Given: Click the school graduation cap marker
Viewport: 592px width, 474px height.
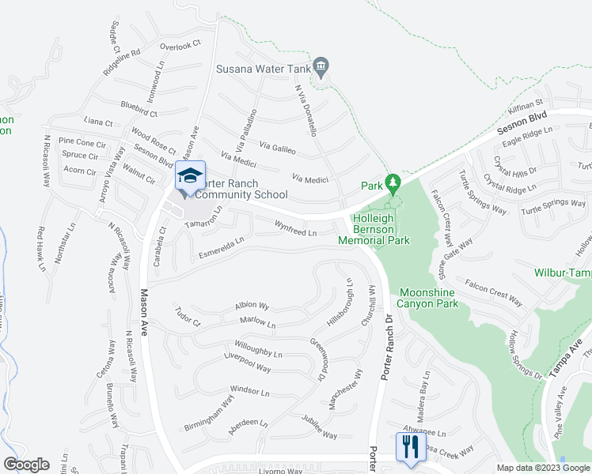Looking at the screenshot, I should (x=190, y=176).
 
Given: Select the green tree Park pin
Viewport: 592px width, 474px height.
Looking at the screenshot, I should (x=391, y=183).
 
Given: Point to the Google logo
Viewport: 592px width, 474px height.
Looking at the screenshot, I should (x=26, y=465).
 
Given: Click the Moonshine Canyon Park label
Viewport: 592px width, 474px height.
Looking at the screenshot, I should (x=428, y=298).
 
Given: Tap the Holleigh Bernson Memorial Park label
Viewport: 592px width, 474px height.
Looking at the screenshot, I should (x=374, y=229).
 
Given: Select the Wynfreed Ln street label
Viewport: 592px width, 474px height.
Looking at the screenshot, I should (x=295, y=230).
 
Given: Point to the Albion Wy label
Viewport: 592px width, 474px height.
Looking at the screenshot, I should (x=252, y=306).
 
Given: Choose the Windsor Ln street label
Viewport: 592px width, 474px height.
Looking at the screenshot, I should (x=249, y=391).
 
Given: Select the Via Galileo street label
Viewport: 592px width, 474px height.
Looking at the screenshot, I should (x=277, y=148).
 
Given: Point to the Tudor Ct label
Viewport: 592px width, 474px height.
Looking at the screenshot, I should (x=188, y=317).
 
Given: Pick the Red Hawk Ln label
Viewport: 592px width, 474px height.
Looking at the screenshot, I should (x=40, y=250).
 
